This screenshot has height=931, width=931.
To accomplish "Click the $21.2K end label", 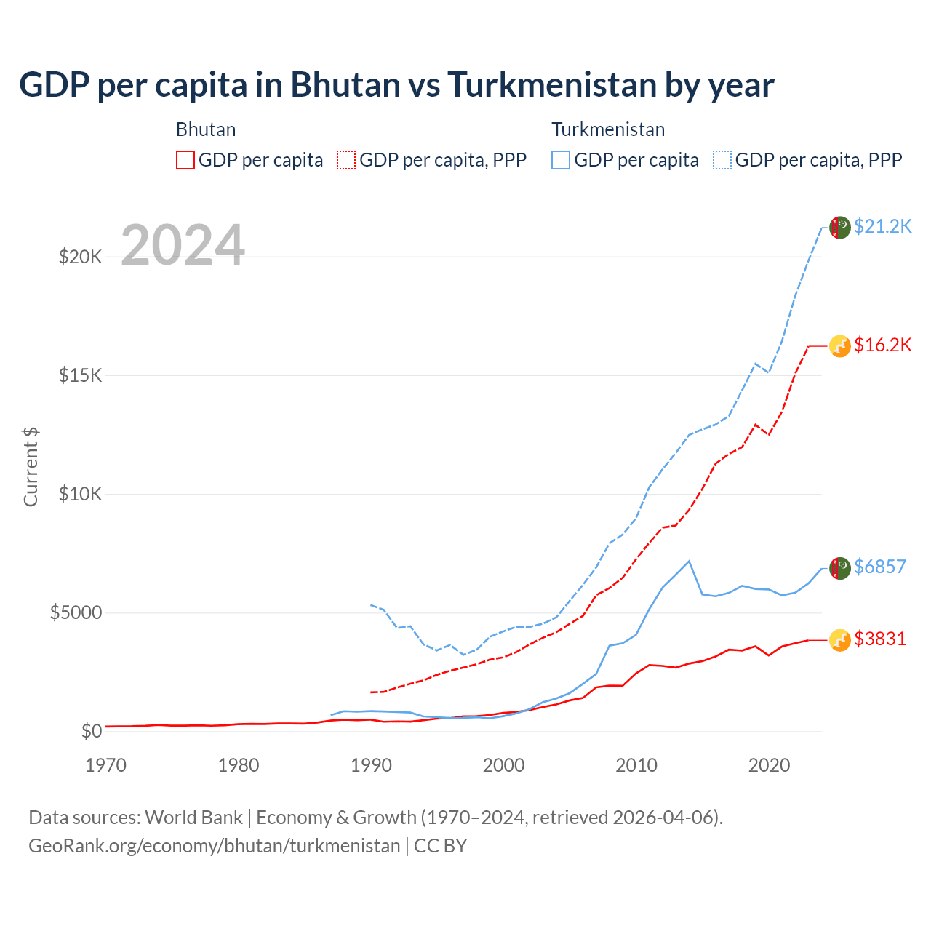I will point(882,226).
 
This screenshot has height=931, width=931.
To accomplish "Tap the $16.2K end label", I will point(882,345).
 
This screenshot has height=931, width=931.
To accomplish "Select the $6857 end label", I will point(879,567).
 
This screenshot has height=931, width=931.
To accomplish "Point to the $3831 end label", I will point(879,639).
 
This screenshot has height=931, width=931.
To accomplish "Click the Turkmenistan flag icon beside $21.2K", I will point(840,227).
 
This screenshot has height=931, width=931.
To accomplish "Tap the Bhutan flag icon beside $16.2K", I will point(840,346).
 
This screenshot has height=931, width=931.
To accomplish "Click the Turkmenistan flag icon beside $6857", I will point(840,568).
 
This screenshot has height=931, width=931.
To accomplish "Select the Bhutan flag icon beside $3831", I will point(840,640).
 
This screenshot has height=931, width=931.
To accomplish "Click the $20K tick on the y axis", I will point(80,257).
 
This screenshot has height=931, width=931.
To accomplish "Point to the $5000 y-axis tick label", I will point(76,612).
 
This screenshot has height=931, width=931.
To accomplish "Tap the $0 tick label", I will point(91,731).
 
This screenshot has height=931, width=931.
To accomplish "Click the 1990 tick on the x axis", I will point(371,765).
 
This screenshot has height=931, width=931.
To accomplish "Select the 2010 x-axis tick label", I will point(636,765).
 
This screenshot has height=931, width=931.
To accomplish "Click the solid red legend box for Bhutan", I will point(185,160).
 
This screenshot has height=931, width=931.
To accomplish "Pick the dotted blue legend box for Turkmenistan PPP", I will point(722,160).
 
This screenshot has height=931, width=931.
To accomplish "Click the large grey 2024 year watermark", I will point(183,246).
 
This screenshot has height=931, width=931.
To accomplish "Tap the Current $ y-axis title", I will point(31,466).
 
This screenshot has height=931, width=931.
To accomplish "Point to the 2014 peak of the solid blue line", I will point(689,561).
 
